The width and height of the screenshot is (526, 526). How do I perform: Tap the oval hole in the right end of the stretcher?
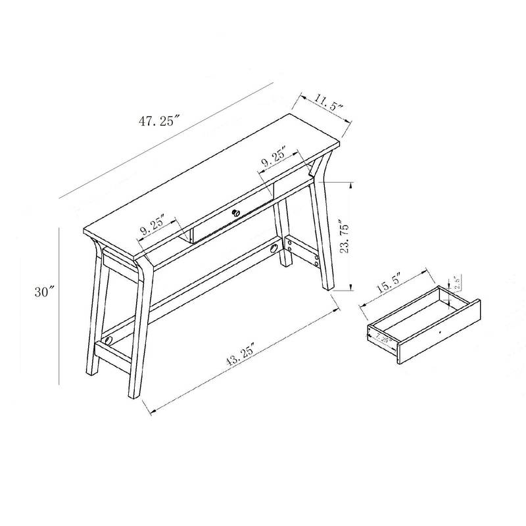tap(274, 248)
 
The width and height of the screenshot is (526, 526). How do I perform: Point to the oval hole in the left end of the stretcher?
tap(109, 340)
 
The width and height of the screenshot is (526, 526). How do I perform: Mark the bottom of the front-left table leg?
tap(135, 394)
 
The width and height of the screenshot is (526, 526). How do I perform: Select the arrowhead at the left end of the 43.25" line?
tap(154, 413)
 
